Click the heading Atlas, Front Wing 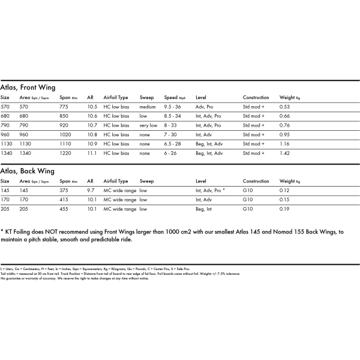28,87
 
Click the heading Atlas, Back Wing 27,171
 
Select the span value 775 64,107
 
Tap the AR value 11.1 92,154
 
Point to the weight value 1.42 284,154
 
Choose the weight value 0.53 284,107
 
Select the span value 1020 65,135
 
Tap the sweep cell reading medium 148,107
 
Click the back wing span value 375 64,190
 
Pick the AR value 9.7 91,190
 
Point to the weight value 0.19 284,209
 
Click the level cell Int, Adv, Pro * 210,190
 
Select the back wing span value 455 64,209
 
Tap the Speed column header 171,97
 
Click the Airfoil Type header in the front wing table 116,97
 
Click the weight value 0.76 284,125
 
